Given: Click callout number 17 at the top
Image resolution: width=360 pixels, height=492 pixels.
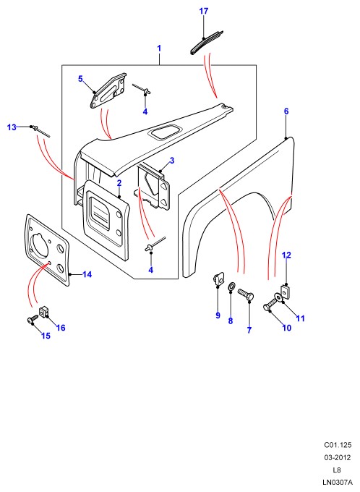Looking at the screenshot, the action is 204,12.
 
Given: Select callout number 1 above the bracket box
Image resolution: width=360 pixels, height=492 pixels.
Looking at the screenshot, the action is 159,48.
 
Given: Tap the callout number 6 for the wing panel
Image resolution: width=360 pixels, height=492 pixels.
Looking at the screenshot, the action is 286,111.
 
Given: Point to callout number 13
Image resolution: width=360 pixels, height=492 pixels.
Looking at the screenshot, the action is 12,127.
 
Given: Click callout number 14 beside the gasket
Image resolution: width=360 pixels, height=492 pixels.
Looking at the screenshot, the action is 87,274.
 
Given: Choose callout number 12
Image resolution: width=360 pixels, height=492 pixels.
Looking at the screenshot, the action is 286,255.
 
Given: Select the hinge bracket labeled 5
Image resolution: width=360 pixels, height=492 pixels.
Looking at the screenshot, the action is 107,90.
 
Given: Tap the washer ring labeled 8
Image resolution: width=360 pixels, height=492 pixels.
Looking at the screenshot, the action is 231,287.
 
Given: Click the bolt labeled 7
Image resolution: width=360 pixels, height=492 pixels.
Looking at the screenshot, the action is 246,294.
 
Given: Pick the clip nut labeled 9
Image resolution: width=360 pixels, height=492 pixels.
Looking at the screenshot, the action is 218,279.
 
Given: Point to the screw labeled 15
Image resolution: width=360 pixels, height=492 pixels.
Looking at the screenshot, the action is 32,319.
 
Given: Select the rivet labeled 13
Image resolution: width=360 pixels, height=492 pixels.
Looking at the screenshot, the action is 40,131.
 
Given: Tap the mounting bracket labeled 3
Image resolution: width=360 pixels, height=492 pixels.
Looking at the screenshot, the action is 155,188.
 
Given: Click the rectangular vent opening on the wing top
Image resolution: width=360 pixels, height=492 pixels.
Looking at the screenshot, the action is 165,132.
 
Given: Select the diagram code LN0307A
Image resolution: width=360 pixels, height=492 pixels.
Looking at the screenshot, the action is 337,483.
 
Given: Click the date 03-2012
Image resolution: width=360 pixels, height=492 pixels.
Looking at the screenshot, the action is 338,457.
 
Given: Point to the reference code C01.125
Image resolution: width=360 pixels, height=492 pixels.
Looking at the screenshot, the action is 338,445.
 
